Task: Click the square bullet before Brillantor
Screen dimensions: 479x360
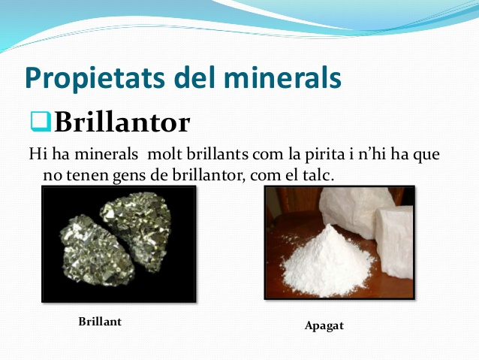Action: pos(41,122)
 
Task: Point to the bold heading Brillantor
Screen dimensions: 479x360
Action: pos(122,122)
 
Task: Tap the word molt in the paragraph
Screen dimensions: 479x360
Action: pos(165,154)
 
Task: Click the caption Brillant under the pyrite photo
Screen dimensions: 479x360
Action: pos(100,322)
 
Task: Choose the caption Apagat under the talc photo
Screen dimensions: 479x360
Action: pos(324,326)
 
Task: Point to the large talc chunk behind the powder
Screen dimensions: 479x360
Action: pos(356,211)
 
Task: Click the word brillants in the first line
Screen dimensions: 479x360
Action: pos(217,154)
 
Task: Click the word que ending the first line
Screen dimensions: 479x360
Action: pos(426,155)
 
